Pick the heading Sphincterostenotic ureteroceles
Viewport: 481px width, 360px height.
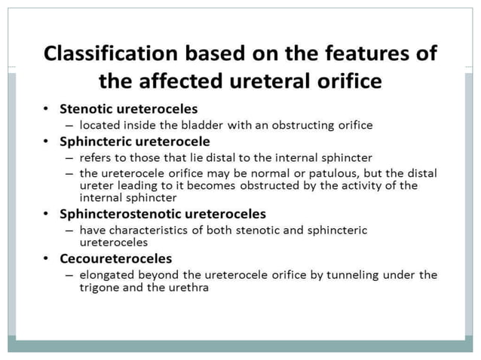click(x=162, y=214)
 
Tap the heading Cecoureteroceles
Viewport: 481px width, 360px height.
click(x=117, y=258)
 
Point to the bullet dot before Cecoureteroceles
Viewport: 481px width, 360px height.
click(x=46, y=259)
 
